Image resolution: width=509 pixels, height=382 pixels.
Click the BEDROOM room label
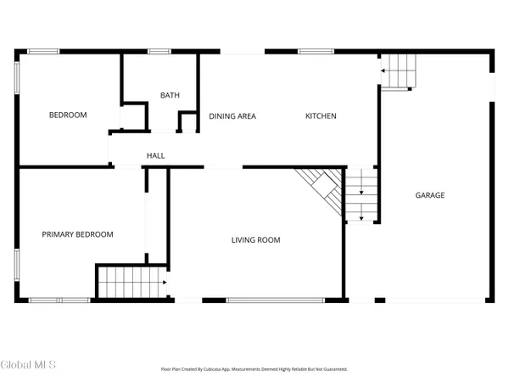point(67,115)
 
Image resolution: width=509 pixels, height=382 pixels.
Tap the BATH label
point(170,95)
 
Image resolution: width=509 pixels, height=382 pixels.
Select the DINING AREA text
point(232,116)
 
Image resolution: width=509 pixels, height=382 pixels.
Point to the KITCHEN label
point(321,116)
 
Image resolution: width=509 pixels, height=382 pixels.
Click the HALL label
point(156,155)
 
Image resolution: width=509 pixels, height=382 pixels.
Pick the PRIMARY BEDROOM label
point(77,234)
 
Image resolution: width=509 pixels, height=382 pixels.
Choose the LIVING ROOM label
point(255,240)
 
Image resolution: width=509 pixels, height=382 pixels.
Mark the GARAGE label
point(430,195)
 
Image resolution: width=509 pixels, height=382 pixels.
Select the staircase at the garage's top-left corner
point(399,70)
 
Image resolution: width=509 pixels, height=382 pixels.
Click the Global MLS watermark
point(28,364)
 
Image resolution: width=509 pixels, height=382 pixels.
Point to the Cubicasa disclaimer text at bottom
point(255,369)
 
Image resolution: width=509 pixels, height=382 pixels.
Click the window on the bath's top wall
point(159,52)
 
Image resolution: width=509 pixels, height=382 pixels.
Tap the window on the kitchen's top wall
point(315,52)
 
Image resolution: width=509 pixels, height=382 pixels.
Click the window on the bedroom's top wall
point(43,52)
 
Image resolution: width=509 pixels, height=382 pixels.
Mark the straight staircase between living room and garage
point(361,195)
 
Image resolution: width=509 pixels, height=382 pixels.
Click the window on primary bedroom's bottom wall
point(59,300)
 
